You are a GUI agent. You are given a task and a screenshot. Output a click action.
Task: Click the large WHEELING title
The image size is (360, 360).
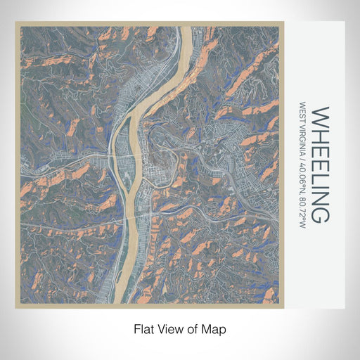coord(318,165)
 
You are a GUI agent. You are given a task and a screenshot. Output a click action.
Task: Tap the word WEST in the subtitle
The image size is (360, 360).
coord(302,114)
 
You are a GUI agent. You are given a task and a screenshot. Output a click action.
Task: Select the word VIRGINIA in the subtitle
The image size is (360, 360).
coord(302,141)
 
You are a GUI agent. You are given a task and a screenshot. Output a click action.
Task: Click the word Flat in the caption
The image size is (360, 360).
coord(143,329)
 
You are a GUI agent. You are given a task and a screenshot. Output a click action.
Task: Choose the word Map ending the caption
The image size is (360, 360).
coord(216,329)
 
